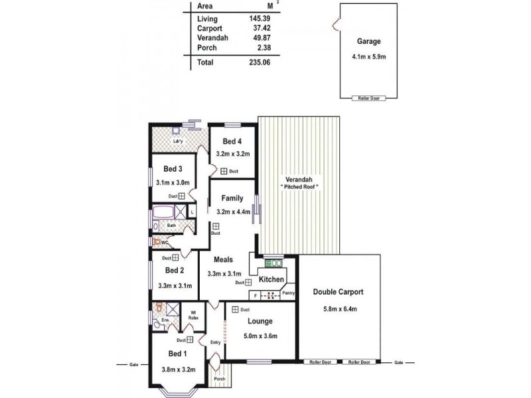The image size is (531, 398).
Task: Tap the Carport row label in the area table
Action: (x=210, y=28)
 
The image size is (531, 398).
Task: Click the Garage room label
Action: (x=368, y=41)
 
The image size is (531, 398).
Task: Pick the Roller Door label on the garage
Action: (x=368, y=98)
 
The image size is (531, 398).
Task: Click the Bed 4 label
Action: (x=232, y=141)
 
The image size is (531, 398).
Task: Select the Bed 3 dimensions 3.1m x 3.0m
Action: (x=173, y=182)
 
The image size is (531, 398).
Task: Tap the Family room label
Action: (x=232, y=198)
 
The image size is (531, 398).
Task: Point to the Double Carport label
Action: (x=338, y=292)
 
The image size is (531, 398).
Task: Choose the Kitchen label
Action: (x=271, y=280)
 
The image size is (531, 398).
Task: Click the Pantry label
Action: (x=288, y=293)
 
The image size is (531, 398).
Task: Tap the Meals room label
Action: (x=223, y=259)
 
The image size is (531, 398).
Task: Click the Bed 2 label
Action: (x=175, y=271)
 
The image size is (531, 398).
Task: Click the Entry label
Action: (x=215, y=342)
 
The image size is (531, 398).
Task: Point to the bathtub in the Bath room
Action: (x=163, y=214)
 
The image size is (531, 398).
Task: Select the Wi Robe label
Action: (x=193, y=315)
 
